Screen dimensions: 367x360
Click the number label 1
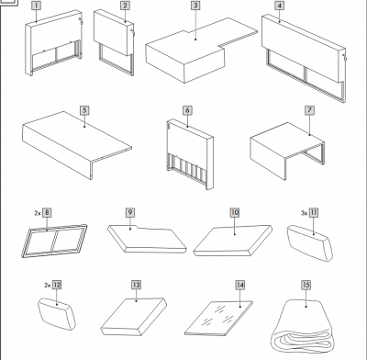point(36,6)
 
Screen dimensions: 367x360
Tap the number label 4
point(279,6)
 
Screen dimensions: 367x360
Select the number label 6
point(187,110)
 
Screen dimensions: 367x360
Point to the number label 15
point(306,285)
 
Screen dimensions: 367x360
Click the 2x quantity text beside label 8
point(38,213)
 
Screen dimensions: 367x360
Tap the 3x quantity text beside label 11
point(304,213)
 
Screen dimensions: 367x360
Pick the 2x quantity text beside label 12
point(48,285)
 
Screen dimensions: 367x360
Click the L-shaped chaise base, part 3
point(195,52)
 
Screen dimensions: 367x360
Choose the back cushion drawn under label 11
point(309,243)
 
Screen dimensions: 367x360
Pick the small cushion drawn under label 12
point(57,314)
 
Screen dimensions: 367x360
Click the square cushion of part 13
point(134,317)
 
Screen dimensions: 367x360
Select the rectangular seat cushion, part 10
point(233,241)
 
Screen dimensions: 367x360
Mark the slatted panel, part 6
point(190,153)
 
